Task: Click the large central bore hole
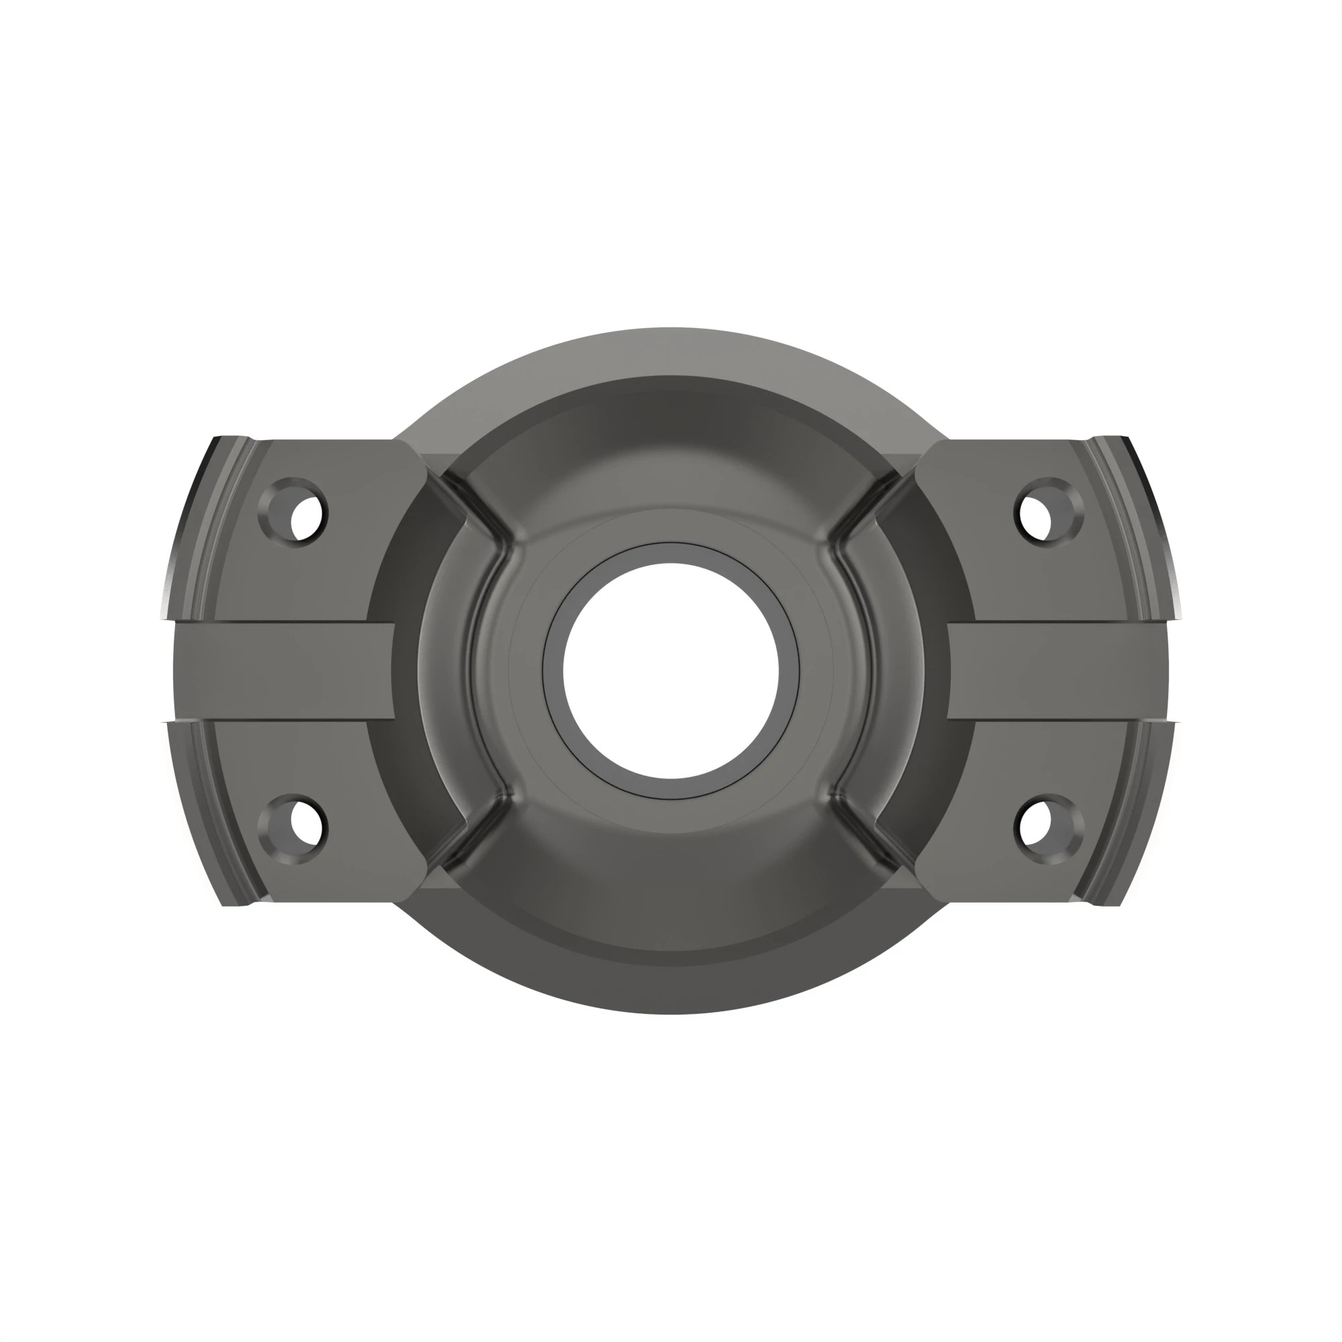670,671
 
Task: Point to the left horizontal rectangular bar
285,671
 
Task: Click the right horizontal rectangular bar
1055,671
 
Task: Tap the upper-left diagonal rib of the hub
479,511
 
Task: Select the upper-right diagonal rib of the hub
862,511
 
